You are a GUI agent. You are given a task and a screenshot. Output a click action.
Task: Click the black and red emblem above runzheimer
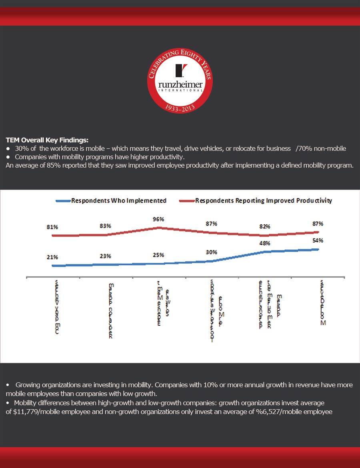[180, 70]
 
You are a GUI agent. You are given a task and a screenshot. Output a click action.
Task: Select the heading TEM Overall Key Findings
[47, 140]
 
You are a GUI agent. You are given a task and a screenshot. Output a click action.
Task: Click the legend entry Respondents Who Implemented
[118, 200]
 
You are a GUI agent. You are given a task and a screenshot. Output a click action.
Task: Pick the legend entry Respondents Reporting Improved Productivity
[263, 200]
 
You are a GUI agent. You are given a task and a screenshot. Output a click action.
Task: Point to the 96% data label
[158, 219]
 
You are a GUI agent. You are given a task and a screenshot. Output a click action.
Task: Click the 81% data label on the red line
[52, 227]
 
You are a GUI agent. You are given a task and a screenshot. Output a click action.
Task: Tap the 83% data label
[105, 226]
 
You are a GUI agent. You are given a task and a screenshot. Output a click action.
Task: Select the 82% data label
[264, 226]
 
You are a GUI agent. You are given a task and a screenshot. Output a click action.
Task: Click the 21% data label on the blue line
[52, 257]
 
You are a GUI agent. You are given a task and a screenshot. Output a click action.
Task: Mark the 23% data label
[105, 256]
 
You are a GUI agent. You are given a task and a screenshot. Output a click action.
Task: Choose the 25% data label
[158, 255]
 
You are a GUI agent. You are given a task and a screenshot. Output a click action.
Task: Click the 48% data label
[264, 243]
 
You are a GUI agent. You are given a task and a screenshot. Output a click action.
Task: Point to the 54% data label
[318, 240]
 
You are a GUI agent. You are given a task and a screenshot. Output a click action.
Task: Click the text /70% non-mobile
[321, 148]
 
